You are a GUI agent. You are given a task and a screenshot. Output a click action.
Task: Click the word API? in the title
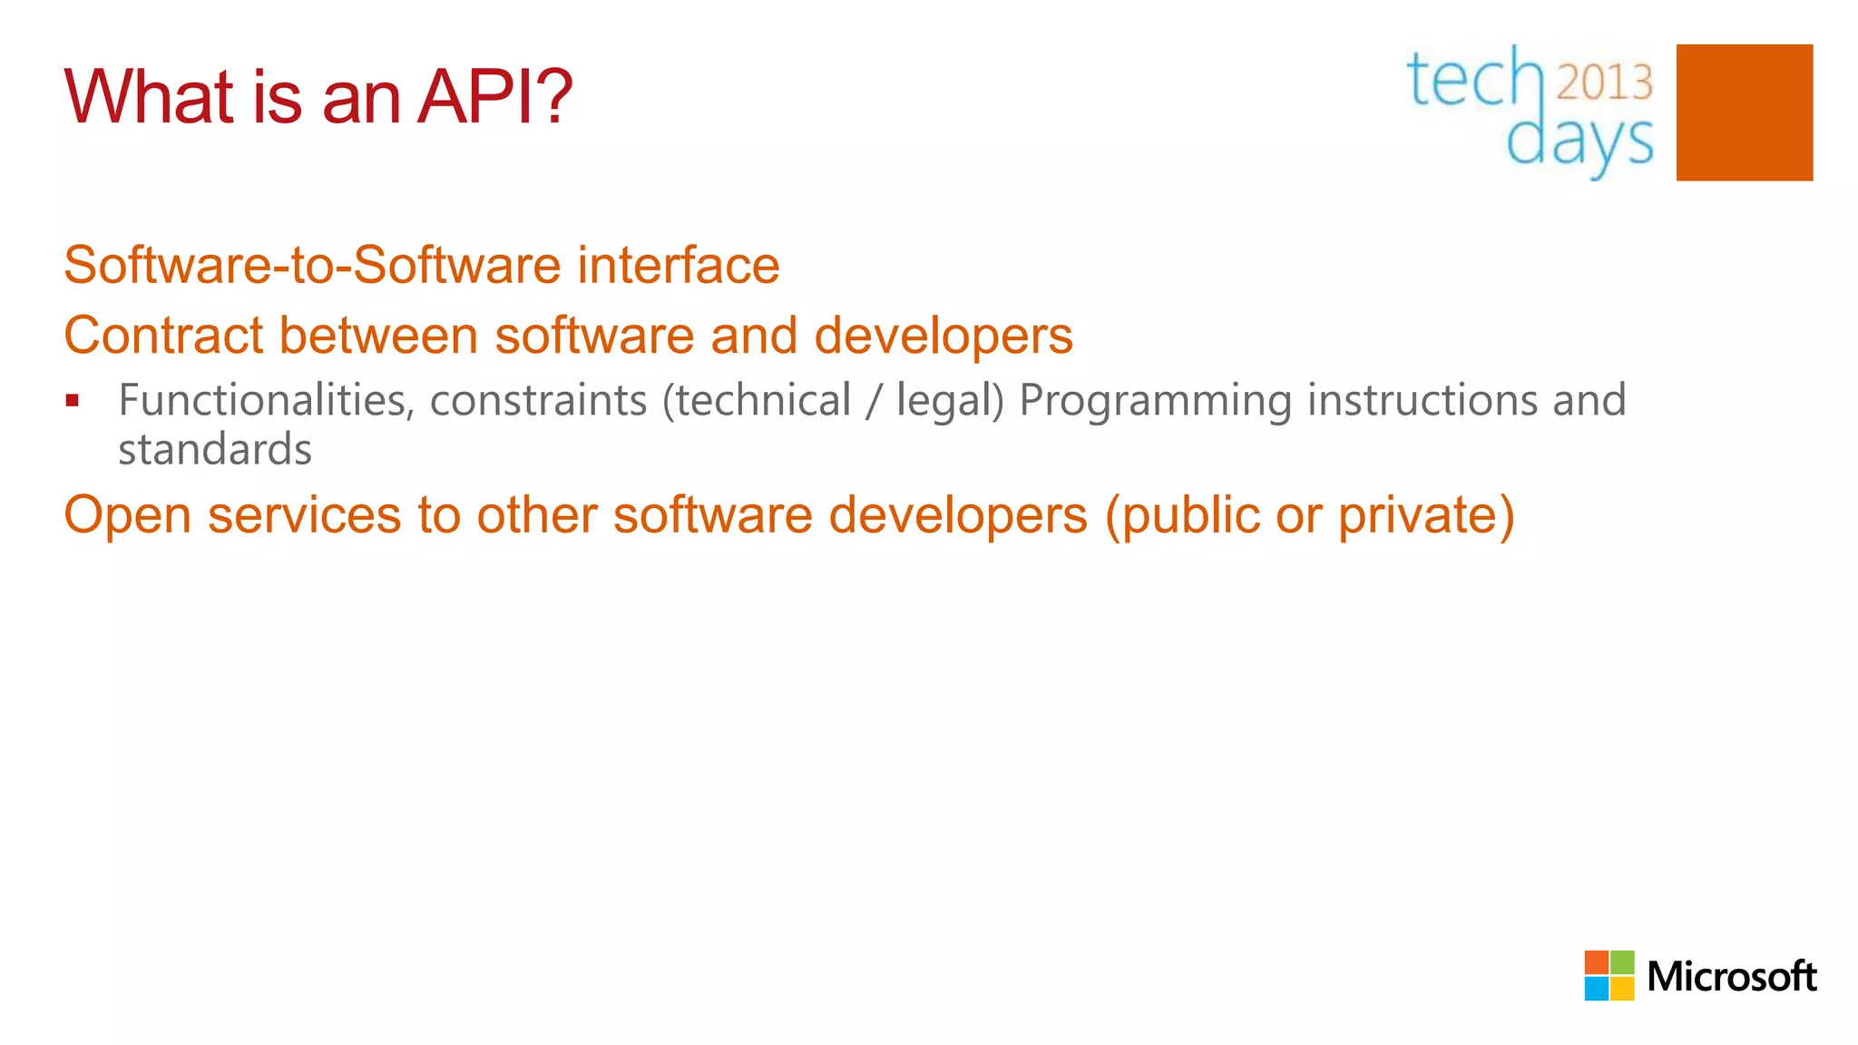tap(494, 96)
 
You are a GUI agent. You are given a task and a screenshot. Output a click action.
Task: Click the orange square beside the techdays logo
tap(1744, 112)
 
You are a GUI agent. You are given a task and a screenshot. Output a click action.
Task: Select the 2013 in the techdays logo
tap(1604, 83)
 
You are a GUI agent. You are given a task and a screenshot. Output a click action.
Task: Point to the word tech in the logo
tap(1474, 80)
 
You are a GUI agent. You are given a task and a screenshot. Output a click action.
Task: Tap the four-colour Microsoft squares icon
tap(1609, 975)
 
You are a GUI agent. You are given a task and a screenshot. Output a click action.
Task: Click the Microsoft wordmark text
tap(1731, 977)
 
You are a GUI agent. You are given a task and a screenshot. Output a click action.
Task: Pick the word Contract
tap(162, 336)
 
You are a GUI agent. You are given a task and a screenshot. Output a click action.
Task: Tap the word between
tap(378, 336)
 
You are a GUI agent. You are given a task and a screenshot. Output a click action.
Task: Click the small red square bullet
tap(73, 400)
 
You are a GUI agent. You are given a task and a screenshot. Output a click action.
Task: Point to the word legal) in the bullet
tap(950, 401)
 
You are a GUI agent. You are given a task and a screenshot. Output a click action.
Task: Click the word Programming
tap(1155, 401)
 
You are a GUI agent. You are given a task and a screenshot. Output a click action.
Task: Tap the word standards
tap(215, 450)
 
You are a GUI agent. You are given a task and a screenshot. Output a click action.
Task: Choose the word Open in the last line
tap(127, 515)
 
